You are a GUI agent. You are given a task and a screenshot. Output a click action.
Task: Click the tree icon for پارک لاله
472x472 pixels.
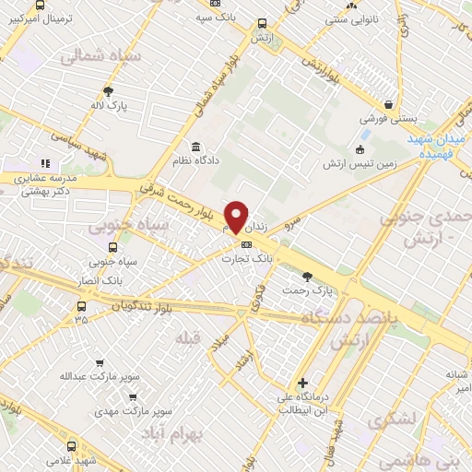[108, 91]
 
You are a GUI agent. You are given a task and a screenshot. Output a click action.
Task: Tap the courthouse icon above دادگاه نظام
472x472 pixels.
[195, 147]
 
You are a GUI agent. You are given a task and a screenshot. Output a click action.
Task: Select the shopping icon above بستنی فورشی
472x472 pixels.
[389, 104]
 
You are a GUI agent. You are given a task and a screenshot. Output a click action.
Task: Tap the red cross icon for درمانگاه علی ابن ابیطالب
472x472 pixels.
[302, 383]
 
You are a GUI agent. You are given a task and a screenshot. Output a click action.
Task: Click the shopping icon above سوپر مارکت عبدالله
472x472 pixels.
[100, 362]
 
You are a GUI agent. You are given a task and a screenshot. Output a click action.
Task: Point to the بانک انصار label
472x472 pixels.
[102, 278]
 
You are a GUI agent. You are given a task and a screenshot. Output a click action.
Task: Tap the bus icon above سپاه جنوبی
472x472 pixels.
[113, 247]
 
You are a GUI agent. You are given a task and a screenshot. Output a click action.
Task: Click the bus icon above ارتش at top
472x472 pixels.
[263, 24]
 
